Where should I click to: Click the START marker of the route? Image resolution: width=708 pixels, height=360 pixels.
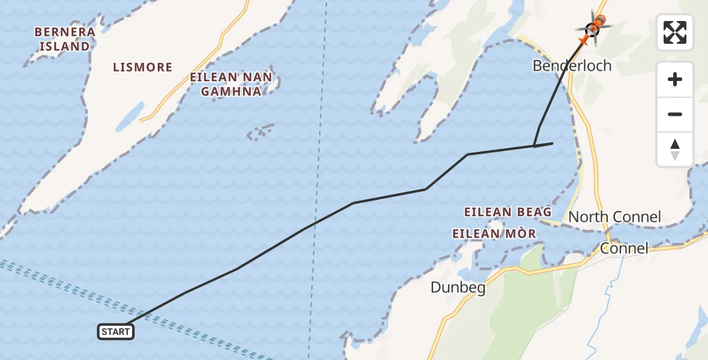click(116, 331)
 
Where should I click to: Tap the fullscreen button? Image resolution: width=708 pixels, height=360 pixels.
click(675, 32)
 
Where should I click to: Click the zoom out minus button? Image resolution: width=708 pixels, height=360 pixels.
click(675, 114)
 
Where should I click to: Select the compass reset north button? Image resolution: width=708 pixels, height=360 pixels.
click(675, 149)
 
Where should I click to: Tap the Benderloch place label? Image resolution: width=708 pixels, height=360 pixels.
click(572, 65)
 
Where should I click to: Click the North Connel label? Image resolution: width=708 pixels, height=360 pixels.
click(614, 217)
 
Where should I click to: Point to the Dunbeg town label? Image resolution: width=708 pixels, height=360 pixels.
click(458, 288)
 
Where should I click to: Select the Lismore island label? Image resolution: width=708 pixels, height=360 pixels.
click(143, 67)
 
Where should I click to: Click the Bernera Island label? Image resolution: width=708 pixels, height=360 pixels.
click(65, 38)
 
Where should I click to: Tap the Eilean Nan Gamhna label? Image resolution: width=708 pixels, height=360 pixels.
click(231, 84)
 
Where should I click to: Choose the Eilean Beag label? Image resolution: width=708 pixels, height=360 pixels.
click(508, 212)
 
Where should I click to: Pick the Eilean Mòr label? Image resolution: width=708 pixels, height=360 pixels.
click(494, 233)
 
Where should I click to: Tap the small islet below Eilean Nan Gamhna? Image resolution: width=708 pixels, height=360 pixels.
click(262, 131)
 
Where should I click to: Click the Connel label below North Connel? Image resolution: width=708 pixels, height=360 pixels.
click(624, 248)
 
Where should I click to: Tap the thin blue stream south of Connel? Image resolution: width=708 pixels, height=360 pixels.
click(600, 312)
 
